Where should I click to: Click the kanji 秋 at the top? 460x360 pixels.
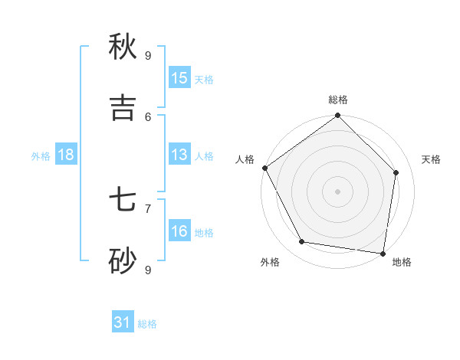point(123,47)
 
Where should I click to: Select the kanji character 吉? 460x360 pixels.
point(123,108)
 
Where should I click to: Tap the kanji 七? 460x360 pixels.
point(123,201)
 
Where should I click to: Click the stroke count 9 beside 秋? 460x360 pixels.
point(148,55)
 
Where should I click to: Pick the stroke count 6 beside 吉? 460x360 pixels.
point(148,116)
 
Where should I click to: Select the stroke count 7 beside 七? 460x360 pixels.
point(148,208)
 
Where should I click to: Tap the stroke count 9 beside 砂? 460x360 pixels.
point(148,270)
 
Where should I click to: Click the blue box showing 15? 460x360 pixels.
point(179,78)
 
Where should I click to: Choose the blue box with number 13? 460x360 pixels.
point(179,155)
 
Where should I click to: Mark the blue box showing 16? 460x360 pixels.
point(179,231)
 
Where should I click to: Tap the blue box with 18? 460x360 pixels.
point(66,155)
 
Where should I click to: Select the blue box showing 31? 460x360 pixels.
point(123,323)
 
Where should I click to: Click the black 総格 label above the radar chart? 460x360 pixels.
point(338,100)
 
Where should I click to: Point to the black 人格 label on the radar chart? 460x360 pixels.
point(245,159)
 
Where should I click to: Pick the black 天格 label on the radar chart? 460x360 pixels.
point(432,159)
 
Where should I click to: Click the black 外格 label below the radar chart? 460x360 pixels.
point(270,262)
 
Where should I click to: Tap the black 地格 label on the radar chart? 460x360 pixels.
point(402,262)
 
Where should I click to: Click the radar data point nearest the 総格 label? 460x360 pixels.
point(337,116)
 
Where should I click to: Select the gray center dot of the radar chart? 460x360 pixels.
point(337,191)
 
